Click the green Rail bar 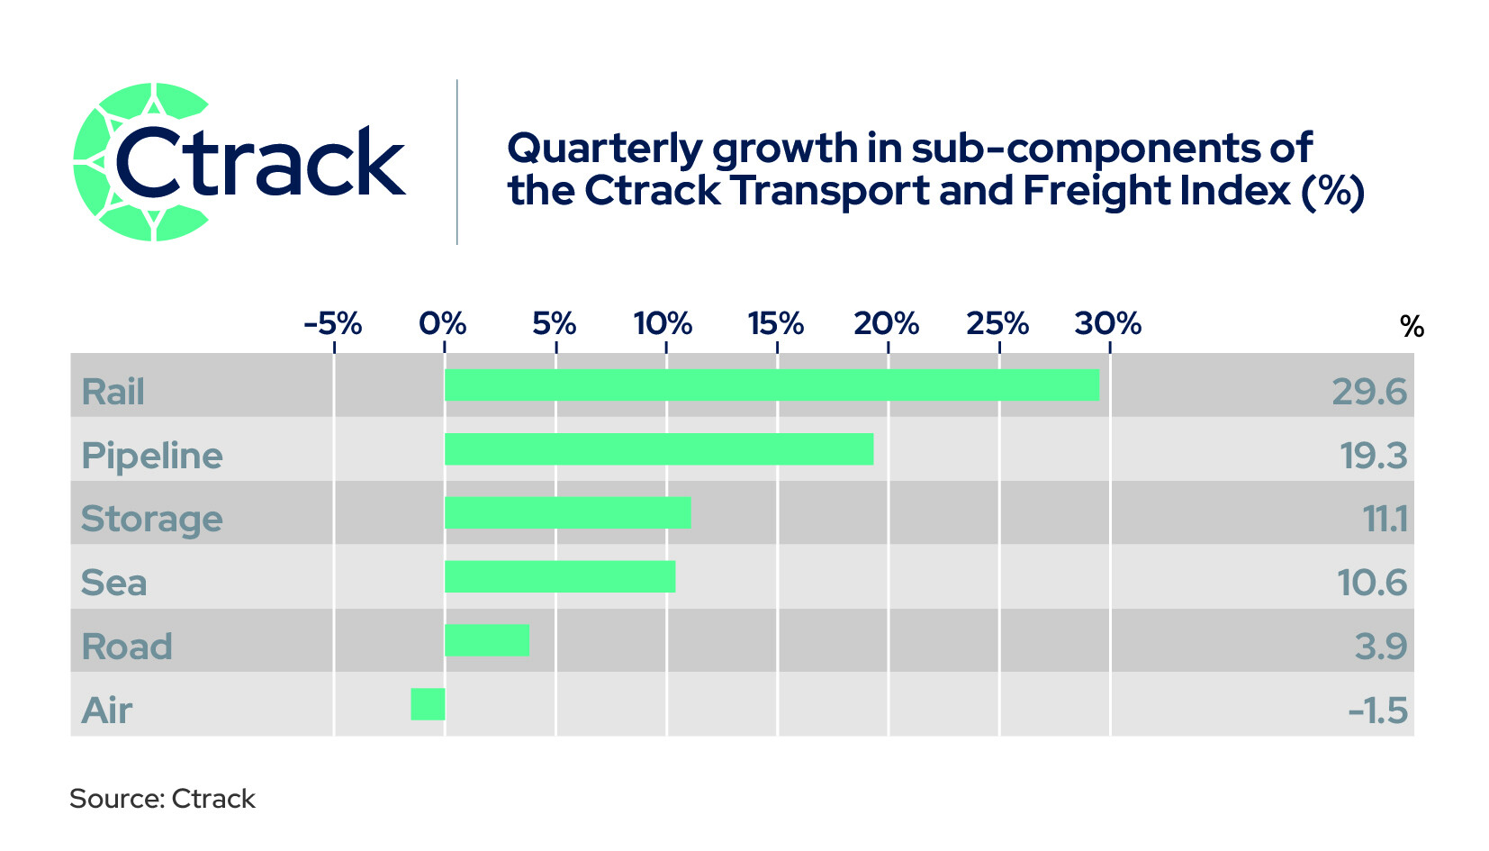772,385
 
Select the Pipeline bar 659,448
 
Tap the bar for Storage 568,512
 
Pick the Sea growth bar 560,576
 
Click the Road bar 487,640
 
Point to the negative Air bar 429,704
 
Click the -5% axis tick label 333,324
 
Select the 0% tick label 443,324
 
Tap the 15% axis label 776,324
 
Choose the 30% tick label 1108,324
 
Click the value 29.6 1369,392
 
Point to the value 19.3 1374,456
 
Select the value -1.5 1377,711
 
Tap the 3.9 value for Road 1381,647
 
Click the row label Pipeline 152,457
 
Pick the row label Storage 151,520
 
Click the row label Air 107,710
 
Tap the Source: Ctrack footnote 162,799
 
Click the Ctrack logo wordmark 260,161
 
